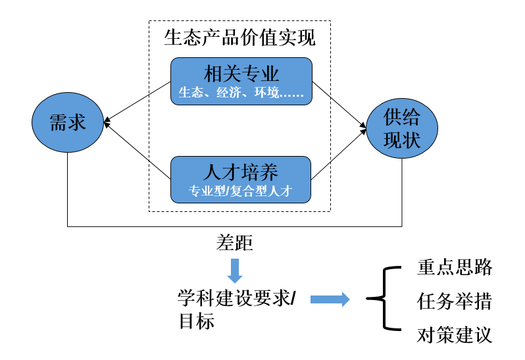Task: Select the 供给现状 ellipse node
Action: click(401, 128)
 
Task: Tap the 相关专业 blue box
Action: click(241, 81)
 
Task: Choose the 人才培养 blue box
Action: click(241, 179)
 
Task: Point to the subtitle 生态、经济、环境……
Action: click(241, 93)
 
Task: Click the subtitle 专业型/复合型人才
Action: click(241, 192)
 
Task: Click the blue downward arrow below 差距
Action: click(234, 270)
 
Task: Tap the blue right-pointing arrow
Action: click(330, 299)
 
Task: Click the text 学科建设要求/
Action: click(237, 298)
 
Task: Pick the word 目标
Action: click(197, 322)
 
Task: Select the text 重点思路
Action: click(455, 267)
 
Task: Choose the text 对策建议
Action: click(455, 336)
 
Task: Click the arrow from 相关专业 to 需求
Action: click(137, 101)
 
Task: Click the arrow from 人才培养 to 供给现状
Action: click(339, 155)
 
